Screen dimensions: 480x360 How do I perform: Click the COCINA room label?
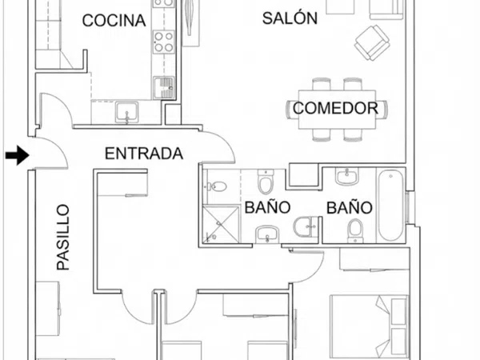[114, 21]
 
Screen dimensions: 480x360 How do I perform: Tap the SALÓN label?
[290, 18]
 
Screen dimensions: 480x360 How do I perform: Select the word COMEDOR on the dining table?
[335, 108]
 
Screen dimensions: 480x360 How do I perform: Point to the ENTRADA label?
[144, 154]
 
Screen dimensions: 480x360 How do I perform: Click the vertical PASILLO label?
[63, 238]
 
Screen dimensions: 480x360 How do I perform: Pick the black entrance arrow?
[17, 155]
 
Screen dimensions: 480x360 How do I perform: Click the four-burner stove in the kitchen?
[164, 42]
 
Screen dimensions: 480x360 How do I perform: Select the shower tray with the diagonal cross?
[221, 225]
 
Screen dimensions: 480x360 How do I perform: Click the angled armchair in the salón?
[372, 43]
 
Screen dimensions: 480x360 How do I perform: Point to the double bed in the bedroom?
[369, 327]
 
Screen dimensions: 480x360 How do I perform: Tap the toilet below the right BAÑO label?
[355, 230]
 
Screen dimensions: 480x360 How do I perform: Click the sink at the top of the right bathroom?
[346, 177]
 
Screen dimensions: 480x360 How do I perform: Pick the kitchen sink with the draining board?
[164, 87]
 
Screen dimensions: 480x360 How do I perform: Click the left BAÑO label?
[267, 207]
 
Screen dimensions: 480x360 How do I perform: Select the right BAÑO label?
[350, 207]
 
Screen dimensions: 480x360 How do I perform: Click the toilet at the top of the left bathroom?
[265, 182]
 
